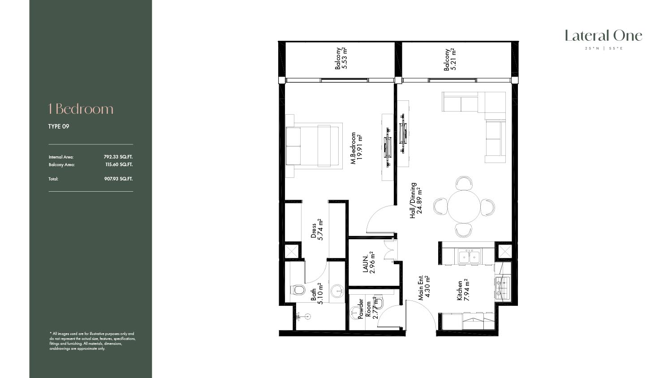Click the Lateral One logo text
pos(603,36)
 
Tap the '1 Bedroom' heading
pos(81,109)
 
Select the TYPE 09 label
pos(59,126)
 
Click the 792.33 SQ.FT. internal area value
pos(118,157)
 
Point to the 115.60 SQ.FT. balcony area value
pos(119,164)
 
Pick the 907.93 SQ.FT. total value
pos(118,179)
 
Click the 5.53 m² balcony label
pos(341,58)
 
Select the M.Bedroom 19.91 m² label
pos(357,148)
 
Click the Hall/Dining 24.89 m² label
pos(416,200)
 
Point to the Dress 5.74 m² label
pos(317,229)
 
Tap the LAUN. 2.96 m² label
pos(369,262)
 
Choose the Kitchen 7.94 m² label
pos(463,289)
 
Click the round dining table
pos(464,207)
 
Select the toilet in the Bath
pos(297,290)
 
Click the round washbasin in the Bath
pos(338,291)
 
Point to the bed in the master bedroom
pos(314,146)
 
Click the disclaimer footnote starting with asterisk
pos(92,341)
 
